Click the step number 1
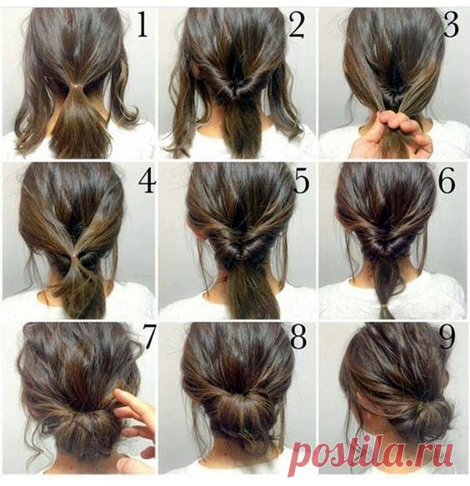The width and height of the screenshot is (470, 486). [142, 25]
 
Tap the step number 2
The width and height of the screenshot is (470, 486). [297, 25]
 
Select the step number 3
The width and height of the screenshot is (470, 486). [451, 25]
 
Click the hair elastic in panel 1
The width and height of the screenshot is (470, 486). [74, 85]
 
